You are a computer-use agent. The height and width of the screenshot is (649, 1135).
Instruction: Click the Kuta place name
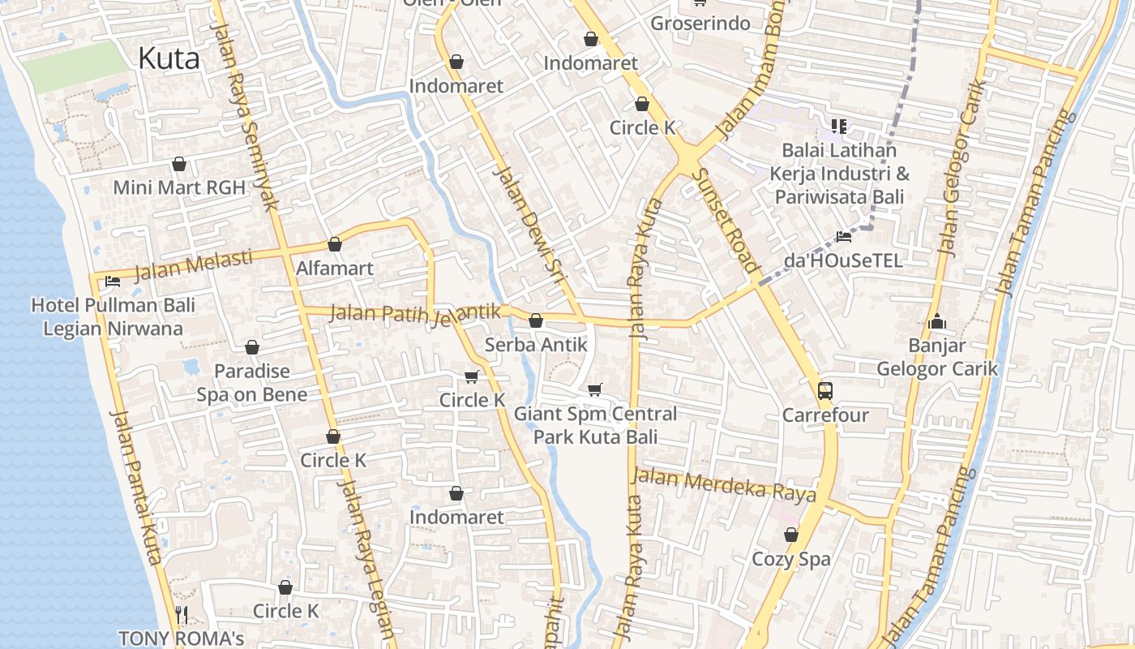click(x=169, y=58)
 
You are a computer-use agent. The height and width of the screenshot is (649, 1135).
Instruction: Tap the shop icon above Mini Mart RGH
click(x=179, y=165)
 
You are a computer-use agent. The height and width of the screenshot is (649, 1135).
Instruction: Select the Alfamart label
click(x=335, y=268)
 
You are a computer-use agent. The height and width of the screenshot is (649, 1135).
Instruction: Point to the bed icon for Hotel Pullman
click(x=113, y=282)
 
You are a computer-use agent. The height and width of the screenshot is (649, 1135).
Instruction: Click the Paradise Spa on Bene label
click(x=252, y=383)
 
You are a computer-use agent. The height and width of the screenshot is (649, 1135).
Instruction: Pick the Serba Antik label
click(x=536, y=345)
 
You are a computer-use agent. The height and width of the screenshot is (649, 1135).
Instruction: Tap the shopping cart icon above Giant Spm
click(x=595, y=389)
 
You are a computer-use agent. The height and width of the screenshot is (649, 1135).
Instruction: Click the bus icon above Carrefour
click(x=825, y=390)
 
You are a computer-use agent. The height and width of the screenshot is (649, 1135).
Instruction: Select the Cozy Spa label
click(x=791, y=559)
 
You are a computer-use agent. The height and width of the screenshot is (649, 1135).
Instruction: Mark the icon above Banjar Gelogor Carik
click(x=937, y=322)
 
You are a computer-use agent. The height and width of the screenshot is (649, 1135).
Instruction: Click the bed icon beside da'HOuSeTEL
click(x=844, y=237)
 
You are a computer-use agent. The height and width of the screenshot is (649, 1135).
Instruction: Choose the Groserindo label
click(x=700, y=24)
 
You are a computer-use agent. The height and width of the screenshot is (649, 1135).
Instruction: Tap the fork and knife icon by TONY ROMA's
click(x=182, y=614)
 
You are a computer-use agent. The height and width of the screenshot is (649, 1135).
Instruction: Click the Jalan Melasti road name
click(x=194, y=264)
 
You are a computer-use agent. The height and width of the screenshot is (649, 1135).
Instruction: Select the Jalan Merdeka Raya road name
click(x=723, y=484)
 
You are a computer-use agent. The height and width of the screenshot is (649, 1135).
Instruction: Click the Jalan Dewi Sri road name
click(x=528, y=219)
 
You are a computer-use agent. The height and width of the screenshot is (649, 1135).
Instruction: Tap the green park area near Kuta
click(x=73, y=65)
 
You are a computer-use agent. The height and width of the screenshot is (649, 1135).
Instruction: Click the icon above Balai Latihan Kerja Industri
click(x=838, y=127)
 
